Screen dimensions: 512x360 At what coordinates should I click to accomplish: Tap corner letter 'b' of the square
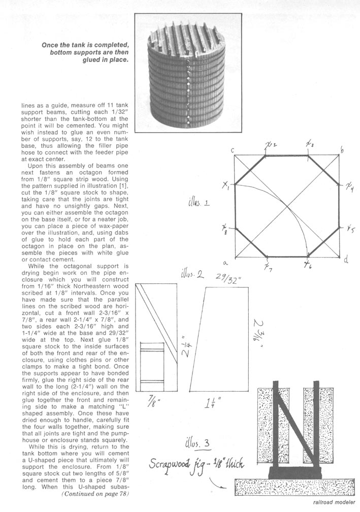coord(343,149)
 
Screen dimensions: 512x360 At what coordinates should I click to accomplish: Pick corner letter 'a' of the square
coord(224,262)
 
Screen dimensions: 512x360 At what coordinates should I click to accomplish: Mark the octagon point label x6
coord(307,264)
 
